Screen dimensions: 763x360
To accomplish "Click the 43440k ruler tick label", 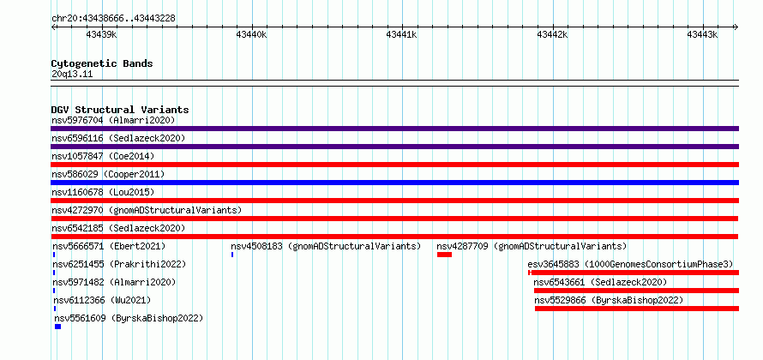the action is point(251,34).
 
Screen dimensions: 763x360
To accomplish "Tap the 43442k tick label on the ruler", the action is point(552,34).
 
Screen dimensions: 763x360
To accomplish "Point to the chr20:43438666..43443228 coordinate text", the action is point(113,19).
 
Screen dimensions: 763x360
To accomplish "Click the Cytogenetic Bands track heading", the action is point(102,63).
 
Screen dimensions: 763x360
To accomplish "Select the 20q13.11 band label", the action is point(72,75).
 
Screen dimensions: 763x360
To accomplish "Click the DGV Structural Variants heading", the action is point(120,110).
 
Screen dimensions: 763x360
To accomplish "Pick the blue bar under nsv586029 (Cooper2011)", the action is point(394,183).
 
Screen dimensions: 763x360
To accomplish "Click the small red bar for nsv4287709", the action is point(444,255).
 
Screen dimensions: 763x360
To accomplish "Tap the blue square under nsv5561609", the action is point(58,327).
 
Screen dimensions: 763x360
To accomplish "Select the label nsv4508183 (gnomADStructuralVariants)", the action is point(326,246).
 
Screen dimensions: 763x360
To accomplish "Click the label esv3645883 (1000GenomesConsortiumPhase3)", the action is point(630,264).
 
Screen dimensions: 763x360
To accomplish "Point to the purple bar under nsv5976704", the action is point(394,129).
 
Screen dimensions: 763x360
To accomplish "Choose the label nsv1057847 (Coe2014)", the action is point(103,156).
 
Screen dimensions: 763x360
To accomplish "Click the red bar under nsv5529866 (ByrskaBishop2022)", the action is point(636,309).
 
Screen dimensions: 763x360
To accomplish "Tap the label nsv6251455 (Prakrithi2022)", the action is point(119,264).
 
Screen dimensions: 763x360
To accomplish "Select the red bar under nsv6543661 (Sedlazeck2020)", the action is point(636,291).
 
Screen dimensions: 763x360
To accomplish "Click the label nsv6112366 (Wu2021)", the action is point(102,300).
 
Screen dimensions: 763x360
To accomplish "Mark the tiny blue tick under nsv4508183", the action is point(232,255).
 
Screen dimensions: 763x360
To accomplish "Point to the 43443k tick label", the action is point(702,34).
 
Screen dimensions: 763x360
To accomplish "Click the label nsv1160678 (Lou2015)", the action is point(103,192).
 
